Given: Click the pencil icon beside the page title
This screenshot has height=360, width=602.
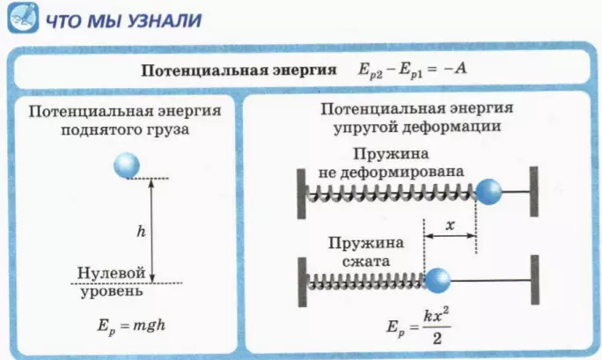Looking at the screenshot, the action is point(23,18).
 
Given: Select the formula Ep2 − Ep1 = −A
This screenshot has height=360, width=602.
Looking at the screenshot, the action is point(413,70).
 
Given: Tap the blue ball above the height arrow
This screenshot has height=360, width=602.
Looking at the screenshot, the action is point(127,165).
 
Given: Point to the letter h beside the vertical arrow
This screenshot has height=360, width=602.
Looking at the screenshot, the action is point(142,231).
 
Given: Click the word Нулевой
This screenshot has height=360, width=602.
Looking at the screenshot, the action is point(112,273).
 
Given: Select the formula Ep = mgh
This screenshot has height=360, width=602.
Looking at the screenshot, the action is point(131,327).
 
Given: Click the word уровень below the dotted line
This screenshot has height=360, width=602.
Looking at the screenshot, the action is point(112,291).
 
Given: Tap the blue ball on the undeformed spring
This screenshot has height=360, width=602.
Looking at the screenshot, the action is point(488,192).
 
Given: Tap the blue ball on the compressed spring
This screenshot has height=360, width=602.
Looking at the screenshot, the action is point(437,281).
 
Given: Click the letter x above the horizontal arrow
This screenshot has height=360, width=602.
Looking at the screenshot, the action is point(451,225).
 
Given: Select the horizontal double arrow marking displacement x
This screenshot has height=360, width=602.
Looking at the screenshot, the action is point(451,236).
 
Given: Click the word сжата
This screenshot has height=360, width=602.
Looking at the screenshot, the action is point(366,261).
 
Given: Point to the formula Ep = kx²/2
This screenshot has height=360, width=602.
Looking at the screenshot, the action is point(418,327).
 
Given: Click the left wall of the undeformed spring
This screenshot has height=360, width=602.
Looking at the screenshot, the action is point(301,194).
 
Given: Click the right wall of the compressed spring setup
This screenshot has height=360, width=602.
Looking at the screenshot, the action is point(535,280).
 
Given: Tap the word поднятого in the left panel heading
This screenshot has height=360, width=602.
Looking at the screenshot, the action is point(102,129).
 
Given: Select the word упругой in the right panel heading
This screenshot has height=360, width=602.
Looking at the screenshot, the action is point(364,127).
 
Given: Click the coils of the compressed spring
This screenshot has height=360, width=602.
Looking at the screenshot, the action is point(367,282).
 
